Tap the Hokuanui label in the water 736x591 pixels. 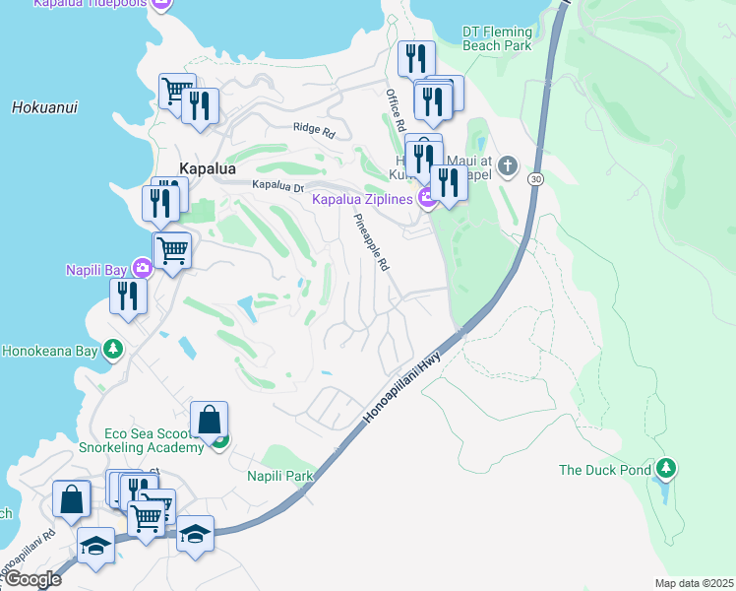(x=44, y=107)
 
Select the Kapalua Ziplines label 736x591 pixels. (x=363, y=200)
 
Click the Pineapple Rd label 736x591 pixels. (x=372, y=243)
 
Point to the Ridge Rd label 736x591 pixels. (x=315, y=127)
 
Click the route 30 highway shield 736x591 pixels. (x=533, y=179)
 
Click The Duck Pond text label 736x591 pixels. (x=605, y=470)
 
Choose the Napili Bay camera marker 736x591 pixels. (x=142, y=267)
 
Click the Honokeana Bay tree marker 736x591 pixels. (x=113, y=349)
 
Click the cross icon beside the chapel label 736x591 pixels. (x=507, y=164)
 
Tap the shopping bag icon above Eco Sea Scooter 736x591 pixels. (x=210, y=420)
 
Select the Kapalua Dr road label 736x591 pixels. (x=278, y=185)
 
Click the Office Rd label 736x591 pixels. (x=396, y=111)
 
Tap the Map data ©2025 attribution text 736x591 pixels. (x=694, y=583)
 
